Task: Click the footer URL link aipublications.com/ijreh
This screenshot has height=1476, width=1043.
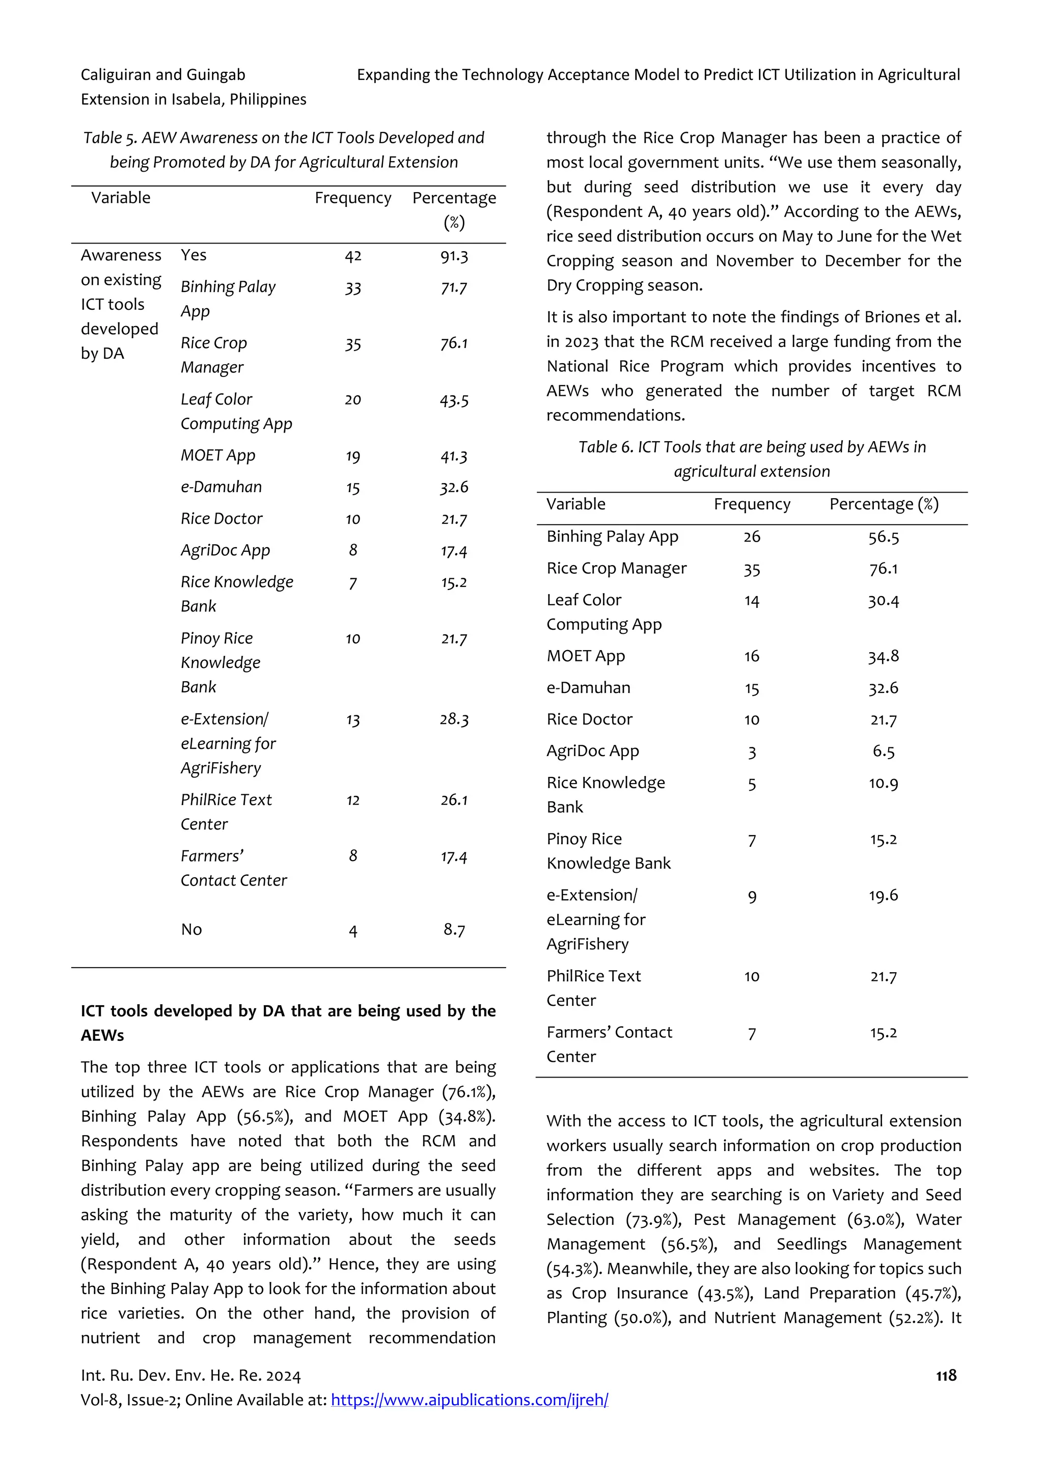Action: [x=469, y=1400]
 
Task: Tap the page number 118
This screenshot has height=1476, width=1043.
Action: [x=946, y=1375]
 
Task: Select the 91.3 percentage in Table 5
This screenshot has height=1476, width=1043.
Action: [x=454, y=256]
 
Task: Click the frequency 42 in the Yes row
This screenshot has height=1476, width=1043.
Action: [x=353, y=256]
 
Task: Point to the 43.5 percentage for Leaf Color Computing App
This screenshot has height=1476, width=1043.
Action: [x=454, y=400]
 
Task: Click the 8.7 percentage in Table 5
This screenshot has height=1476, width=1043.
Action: [x=454, y=930]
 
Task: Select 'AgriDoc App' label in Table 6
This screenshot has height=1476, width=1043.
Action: [x=592, y=751]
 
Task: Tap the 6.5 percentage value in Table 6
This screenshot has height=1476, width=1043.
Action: [x=883, y=751]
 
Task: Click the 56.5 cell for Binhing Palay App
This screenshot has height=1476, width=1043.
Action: [x=883, y=537]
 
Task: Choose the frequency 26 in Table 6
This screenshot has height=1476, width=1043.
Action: [x=751, y=537]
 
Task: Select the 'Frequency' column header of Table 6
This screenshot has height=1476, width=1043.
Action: [x=751, y=504]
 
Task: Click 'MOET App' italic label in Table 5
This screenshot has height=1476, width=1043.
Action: [x=218, y=455]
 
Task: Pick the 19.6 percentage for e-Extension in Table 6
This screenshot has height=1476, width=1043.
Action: [x=883, y=896]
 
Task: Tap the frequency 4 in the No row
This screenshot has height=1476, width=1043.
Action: [x=353, y=930]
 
